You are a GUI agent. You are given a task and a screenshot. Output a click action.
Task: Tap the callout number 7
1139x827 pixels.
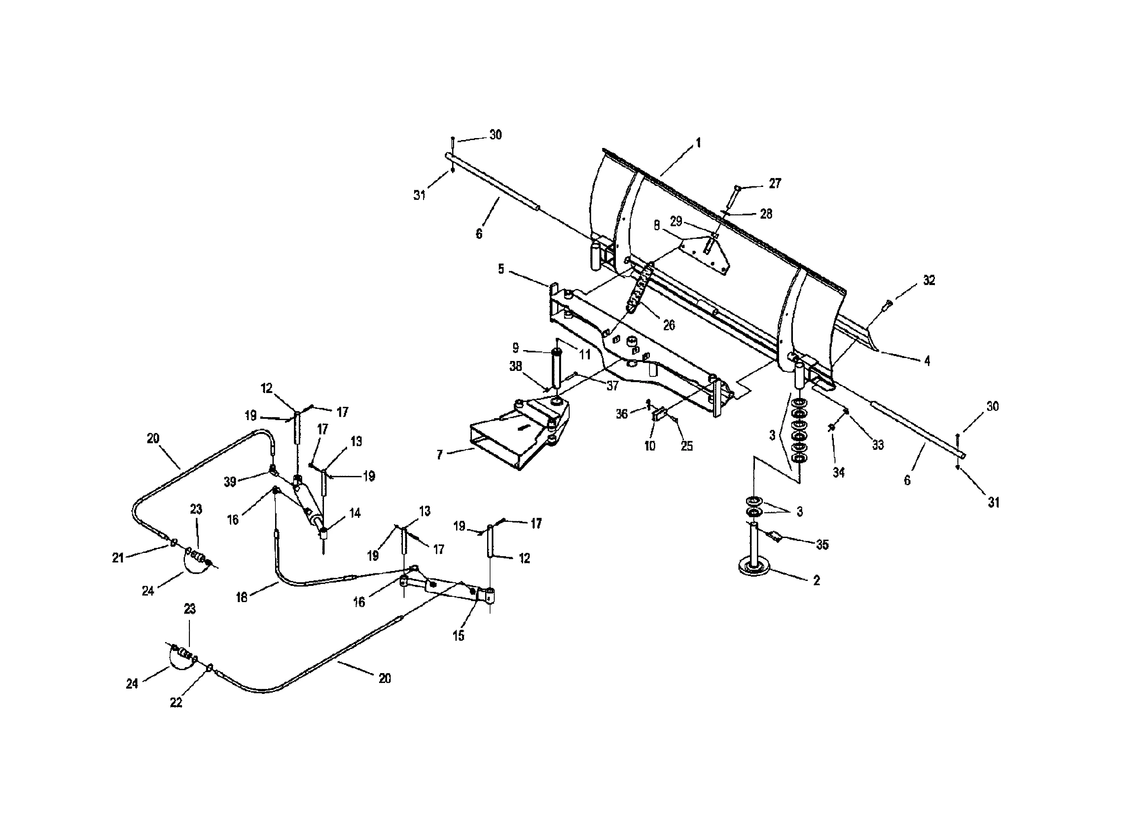click(x=440, y=455)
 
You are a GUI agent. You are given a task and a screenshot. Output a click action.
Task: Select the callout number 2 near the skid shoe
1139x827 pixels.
click(x=817, y=581)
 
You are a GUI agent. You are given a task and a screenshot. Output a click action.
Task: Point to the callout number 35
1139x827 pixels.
click(x=822, y=544)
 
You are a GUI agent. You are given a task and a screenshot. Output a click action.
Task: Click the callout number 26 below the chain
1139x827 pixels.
click(x=669, y=325)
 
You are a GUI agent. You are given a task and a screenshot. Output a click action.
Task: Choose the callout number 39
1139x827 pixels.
click(x=230, y=482)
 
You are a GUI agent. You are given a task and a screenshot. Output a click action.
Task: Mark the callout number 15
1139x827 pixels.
click(x=458, y=636)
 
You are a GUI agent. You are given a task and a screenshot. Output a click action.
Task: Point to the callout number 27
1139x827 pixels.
click(x=775, y=183)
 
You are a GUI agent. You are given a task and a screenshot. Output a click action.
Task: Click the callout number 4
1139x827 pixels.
click(x=927, y=361)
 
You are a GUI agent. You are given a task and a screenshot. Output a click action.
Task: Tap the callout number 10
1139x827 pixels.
click(x=650, y=446)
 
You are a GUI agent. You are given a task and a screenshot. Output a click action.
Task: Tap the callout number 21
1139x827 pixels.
click(x=118, y=558)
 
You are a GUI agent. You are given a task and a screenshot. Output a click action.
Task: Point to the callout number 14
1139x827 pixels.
click(x=355, y=513)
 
